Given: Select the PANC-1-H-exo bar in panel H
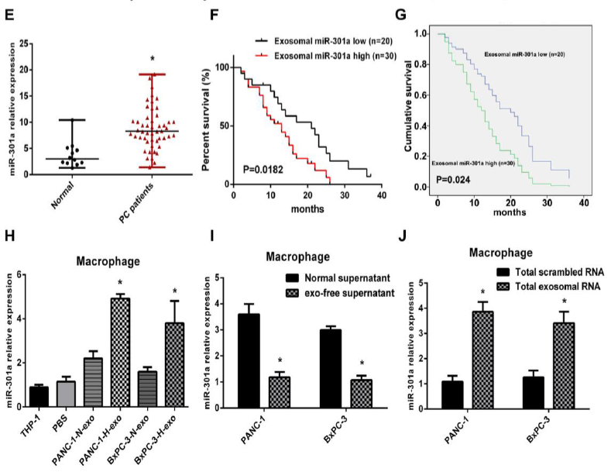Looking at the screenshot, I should point(121,342).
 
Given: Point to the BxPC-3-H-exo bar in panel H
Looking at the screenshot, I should point(176,354).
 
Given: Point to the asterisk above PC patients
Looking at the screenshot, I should point(153,59).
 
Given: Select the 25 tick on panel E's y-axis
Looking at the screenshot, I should point(26,43).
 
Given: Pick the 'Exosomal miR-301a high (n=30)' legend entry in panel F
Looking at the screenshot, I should point(318,56).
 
